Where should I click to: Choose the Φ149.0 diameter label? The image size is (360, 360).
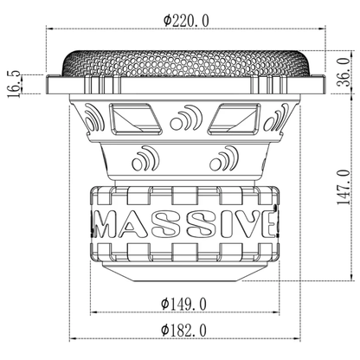point(183,303)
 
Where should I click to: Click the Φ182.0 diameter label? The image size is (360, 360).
point(183,330)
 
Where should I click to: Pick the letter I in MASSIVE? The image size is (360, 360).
point(225,222)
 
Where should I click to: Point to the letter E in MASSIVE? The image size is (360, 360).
point(270,222)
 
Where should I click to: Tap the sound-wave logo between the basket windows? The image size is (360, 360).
point(184,119)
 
